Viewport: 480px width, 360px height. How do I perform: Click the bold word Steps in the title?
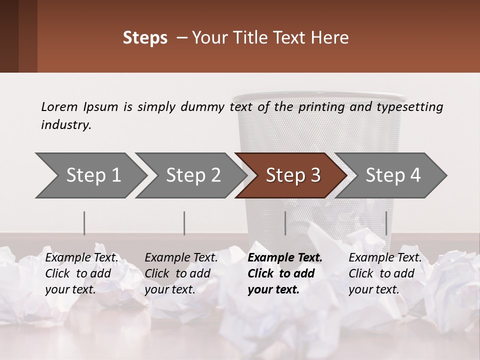point(145,38)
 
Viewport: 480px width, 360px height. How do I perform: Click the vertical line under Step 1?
point(84,223)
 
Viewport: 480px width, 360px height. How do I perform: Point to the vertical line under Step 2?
point(184,223)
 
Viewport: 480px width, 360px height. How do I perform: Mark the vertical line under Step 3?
point(285,223)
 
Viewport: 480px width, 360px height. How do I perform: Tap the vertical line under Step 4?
point(386,223)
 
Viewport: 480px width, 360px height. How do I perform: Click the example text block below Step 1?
point(82,273)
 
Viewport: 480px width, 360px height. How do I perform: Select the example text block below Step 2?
point(181,273)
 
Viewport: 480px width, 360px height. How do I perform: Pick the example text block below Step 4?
point(385,273)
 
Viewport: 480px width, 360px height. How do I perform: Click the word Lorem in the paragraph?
point(59,106)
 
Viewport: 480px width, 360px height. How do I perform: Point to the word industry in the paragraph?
point(66,125)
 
